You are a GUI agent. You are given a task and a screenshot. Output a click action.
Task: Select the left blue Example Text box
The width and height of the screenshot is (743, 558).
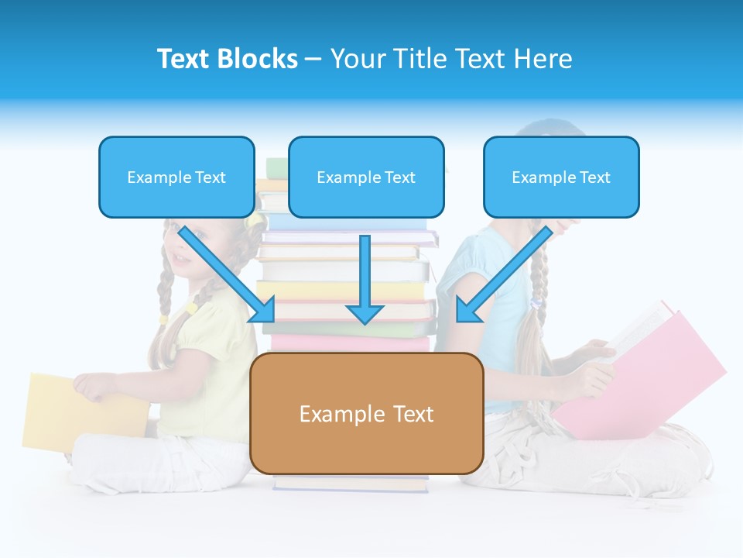point(176,177)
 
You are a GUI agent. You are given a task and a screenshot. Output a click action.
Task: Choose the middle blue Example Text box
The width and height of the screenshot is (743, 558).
point(366,177)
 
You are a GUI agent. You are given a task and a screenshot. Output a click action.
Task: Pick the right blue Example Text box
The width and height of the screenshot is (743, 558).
point(561,177)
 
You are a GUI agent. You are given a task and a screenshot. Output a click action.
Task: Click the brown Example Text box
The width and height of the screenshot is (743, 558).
point(366,413)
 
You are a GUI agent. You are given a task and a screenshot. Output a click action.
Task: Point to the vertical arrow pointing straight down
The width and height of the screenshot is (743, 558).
point(365,279)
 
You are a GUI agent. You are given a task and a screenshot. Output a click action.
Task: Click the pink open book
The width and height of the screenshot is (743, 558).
point(650,372)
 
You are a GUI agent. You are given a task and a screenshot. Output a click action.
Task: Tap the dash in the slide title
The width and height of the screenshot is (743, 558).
point(313,59)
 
